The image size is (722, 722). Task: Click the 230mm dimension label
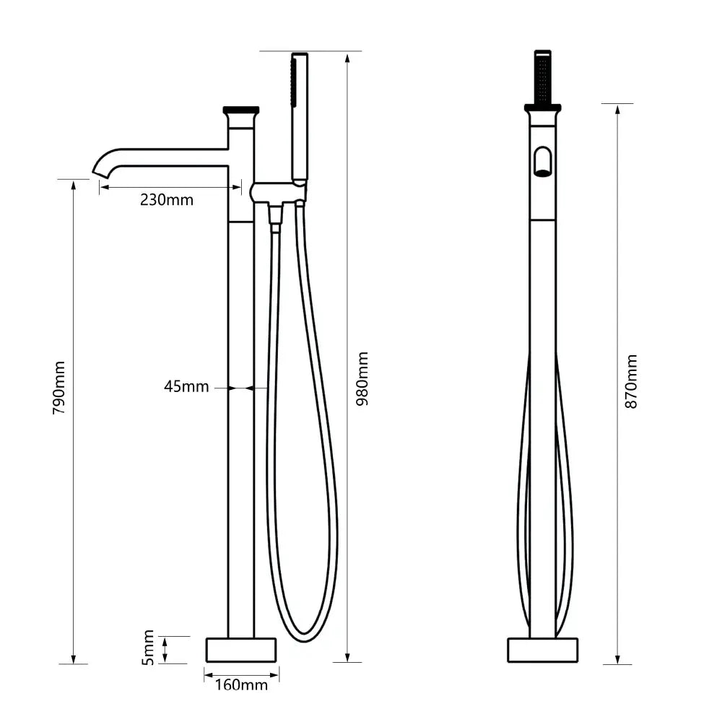(x=167, y=200)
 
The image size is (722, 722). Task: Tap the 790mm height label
(x=59, y=387)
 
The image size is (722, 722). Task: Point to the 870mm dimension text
(x=631, y=381)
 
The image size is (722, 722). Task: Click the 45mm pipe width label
(x=186, y=387)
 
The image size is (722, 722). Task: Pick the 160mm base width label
(x=241, y=684)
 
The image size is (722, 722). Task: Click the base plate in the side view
(x=241, y=649)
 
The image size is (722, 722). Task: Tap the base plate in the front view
(x=542, y=649)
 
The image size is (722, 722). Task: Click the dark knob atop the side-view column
(x=241, y=111)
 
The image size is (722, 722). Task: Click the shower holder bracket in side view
(x=278, y=193)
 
